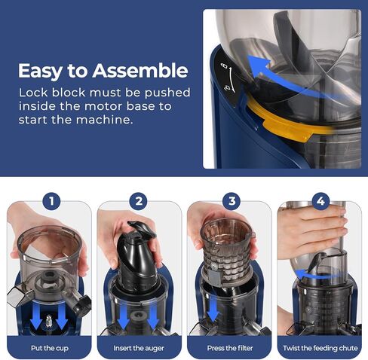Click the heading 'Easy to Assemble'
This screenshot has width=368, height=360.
[x=102, y=72]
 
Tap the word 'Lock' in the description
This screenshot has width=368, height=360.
[x=34, y=93]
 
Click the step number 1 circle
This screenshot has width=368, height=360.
[x=49, y=202]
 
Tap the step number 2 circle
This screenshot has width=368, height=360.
[x=139, y=202]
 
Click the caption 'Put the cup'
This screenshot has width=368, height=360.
[x=49, y=349]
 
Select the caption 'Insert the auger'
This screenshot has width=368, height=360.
[x=139, y=349]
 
